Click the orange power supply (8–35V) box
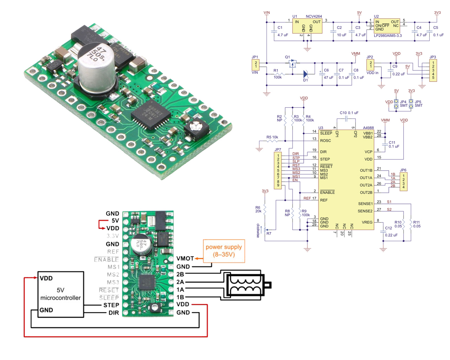(x=224, y=251)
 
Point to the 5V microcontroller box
(x=60, y=294)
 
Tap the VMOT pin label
(x=185, y=258)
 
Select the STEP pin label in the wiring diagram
(x=111, y=305)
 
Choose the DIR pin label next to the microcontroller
(x=114, y=313)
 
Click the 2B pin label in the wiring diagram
(x=180, y=274)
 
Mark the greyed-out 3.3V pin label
(x=113, y=236)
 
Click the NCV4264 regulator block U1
(x=307, y=26)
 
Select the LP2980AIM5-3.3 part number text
(x=388, y=36)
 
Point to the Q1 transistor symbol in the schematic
(x=292, y=64)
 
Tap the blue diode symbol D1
(x=306, y=74)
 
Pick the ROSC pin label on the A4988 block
(x=326, y=141)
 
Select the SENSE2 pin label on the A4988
(x=365, y=211)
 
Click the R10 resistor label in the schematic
(x=398, y=222)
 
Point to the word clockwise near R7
(x=258, y=231)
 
